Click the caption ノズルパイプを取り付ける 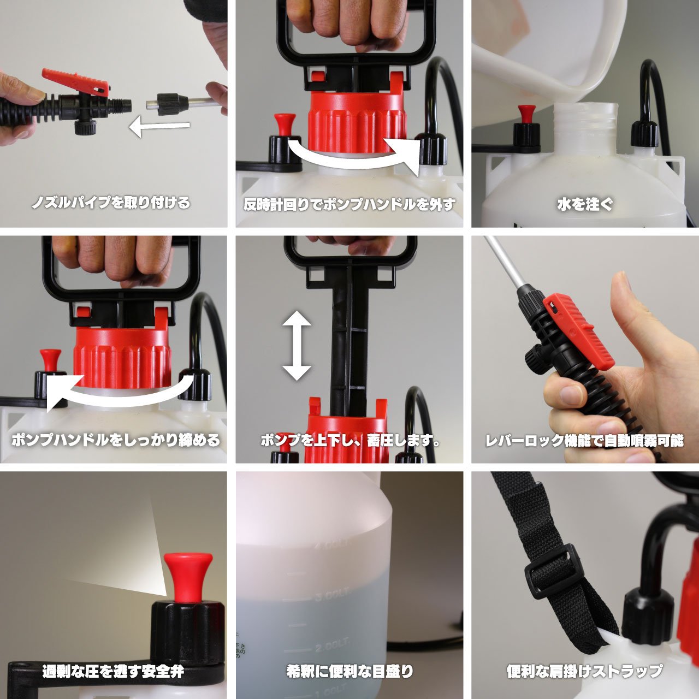coord(111,203)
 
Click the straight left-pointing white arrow coord(159,127)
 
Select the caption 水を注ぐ coord(585,205)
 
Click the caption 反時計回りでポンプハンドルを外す coord(349,205)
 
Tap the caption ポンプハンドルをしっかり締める coord(115,440)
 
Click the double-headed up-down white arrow coord(297,345)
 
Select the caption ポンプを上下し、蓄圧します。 coord(350,440)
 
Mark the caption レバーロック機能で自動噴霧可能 coord(584,441)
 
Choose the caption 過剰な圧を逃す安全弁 coord(113,671)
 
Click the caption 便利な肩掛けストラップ coord(584,671)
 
